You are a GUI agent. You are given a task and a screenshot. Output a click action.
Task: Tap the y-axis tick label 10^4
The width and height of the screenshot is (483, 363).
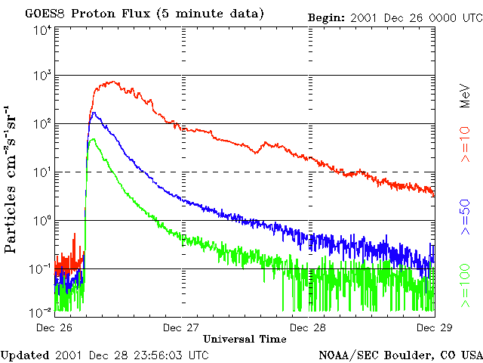coord(42,30)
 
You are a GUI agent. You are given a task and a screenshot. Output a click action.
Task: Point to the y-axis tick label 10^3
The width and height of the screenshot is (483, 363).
coord(42,76)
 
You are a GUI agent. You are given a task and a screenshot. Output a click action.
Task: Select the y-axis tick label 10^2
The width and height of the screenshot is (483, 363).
coord(42,124)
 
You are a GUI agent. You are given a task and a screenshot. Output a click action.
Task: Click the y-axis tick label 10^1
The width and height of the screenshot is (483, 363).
coord(42,172)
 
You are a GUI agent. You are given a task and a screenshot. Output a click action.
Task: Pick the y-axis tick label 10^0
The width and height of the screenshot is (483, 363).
coord(42,221)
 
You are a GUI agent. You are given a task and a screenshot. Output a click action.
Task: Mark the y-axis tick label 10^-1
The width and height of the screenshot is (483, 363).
coord(42,269)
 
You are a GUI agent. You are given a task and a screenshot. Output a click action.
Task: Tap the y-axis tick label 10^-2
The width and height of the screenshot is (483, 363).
coord(42,312)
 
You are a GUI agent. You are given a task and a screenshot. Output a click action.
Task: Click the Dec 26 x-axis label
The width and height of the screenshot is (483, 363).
coord(54,327)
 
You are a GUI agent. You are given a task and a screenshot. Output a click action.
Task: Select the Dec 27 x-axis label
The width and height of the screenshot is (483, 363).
coord(182,327)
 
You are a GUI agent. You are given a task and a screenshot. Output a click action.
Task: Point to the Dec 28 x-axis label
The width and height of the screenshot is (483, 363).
coord(308,327)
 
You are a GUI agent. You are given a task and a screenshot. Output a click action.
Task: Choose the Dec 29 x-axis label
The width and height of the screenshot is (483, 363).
coord(434,327)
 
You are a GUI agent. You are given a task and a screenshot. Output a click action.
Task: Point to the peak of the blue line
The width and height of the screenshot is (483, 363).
coord(94,113)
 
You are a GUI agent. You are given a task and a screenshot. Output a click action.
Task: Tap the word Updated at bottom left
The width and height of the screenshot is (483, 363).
coord(24,355)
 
